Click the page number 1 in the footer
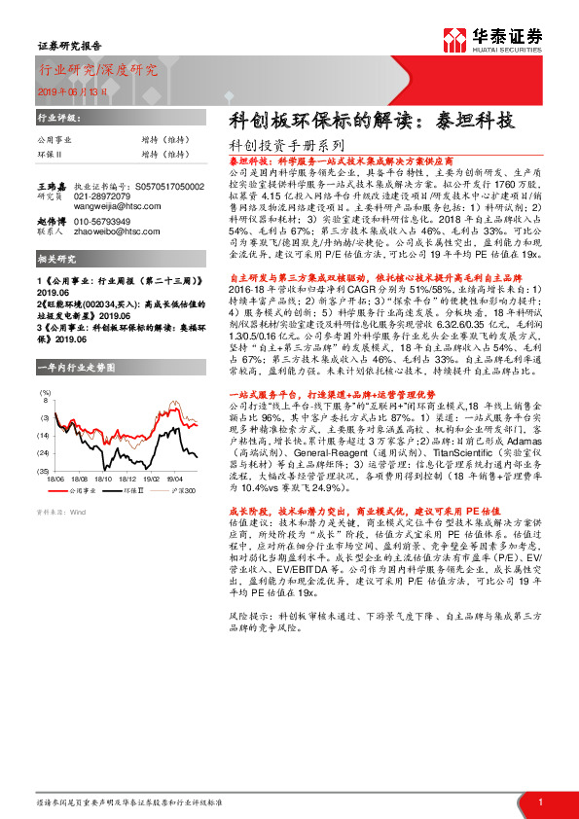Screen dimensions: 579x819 click(x=539, y=801)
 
